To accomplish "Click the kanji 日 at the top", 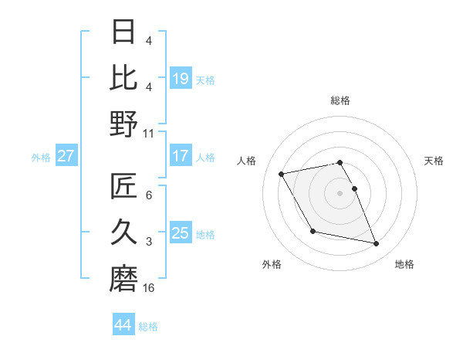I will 123,32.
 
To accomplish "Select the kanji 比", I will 123,77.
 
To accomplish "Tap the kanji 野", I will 123,124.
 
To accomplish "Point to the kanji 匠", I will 123,186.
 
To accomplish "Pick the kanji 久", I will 123,232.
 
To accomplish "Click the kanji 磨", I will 123,278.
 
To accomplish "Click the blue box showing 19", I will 181,78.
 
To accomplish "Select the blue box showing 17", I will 181,156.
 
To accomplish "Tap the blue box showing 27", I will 66,156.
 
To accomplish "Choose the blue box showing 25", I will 181,233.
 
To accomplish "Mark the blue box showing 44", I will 123,325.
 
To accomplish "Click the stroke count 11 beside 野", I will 149,133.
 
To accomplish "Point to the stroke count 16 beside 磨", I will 149,288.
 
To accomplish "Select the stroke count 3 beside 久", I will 149,242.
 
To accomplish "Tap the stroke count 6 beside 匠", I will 149,195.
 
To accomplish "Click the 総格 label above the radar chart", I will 340,100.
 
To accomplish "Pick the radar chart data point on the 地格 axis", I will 377,244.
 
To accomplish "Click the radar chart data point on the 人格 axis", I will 282,173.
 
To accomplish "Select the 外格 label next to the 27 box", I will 41,157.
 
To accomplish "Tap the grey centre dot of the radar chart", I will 340,192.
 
